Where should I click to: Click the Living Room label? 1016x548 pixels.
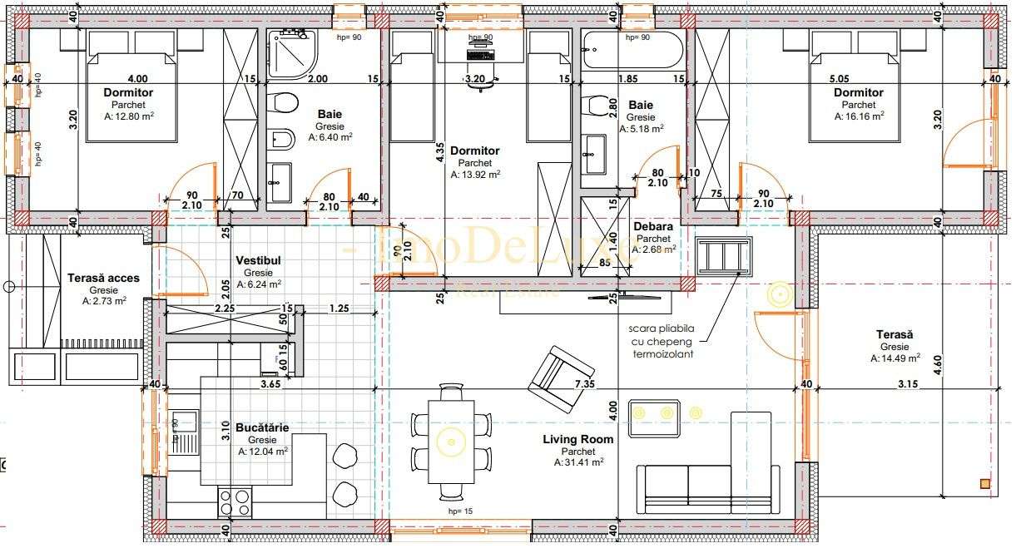578,439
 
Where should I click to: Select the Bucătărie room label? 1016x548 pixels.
262,427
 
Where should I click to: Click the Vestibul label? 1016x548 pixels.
258,260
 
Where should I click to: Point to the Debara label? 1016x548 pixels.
653,226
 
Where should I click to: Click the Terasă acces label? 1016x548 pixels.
103,279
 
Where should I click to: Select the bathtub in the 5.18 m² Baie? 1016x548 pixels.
632,52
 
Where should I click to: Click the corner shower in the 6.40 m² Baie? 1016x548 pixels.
292,53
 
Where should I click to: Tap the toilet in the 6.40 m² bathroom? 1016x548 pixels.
284,103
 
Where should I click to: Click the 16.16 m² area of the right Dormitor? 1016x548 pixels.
858,117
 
